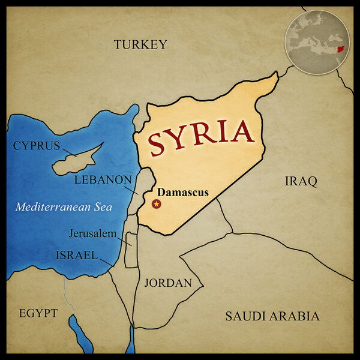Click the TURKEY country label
pyautogui.click(x=140, y=44)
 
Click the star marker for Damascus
pyautogui.click(x=157, y=204)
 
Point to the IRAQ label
pyautogui.click(x=300, y=181)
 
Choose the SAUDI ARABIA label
pyautogui.click(x=272, y=316)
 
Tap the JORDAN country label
pyautogui.click(x=168, y=283)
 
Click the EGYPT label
pyautogui.click(x=38, y=313)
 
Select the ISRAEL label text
pyautogui.click(x=77, y=255)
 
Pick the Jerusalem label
pyautogui.click(x=92, y=233)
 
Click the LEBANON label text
pyautogui.click(x=103, y=179)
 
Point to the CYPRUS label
pyautogui.click(x=37, y=146)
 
